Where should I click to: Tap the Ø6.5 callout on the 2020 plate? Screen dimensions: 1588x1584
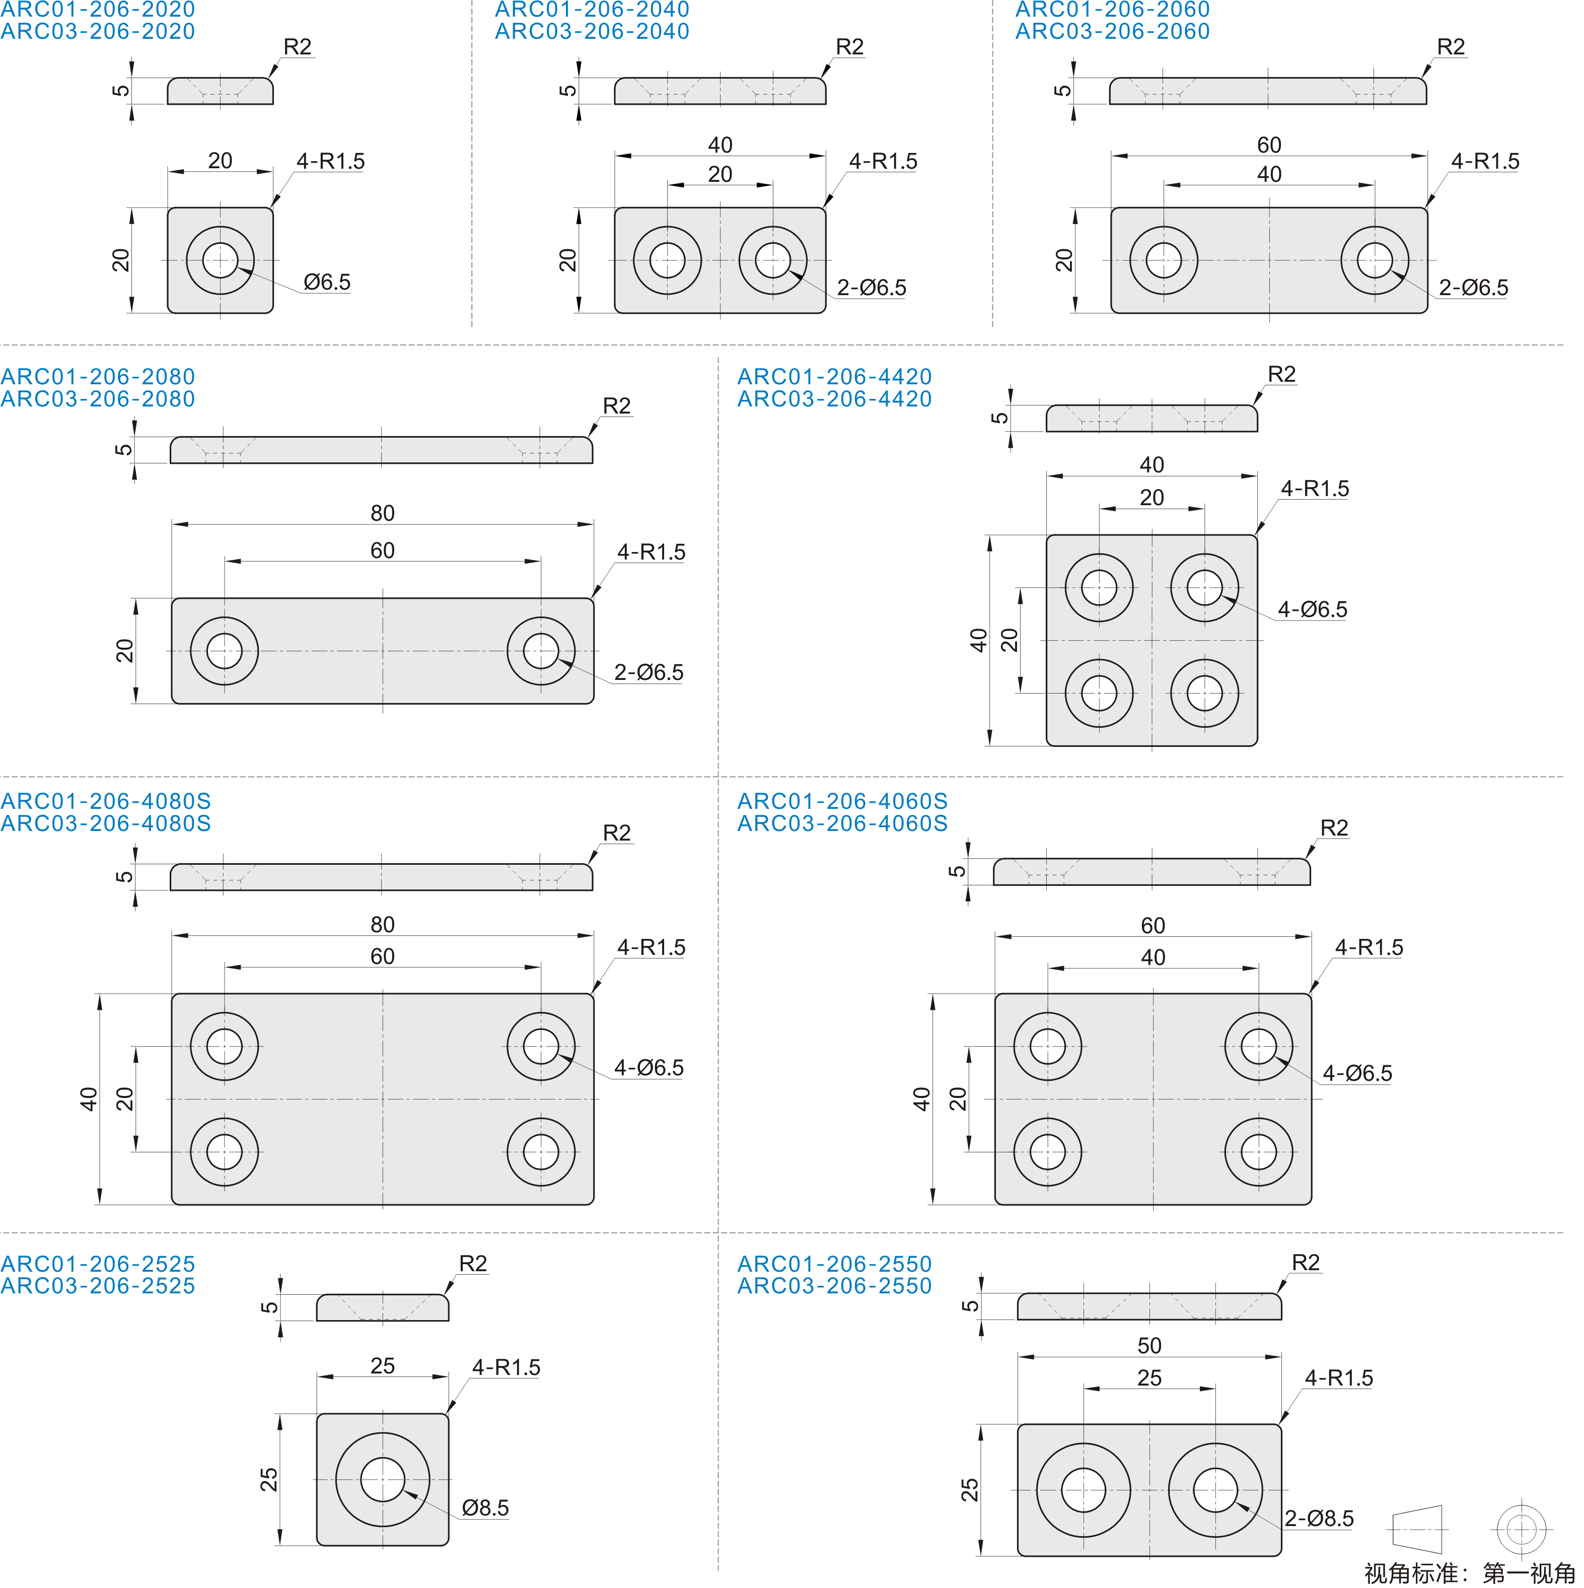point(326,282)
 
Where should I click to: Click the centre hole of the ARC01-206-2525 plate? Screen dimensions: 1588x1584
point(382,1480)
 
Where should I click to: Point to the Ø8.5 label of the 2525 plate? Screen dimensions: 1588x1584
point(485,1507)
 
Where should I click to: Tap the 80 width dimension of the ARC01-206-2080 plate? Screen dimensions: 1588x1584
point(382,513)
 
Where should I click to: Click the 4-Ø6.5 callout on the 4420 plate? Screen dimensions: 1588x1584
point(1312,609)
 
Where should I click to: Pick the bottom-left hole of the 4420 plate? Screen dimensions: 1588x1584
point(1099,693)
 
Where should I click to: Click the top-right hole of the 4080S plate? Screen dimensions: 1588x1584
point(541,1047)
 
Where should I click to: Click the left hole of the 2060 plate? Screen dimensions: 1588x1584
point(1164,260)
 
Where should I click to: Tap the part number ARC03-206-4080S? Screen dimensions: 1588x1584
point(106,823)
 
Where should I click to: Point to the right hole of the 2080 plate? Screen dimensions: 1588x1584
point(541,651)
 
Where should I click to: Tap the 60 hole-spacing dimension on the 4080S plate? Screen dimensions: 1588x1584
point(382,956)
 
